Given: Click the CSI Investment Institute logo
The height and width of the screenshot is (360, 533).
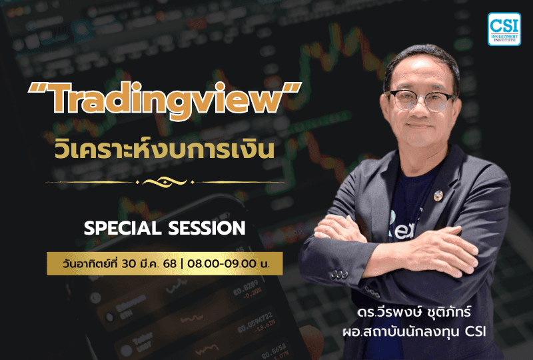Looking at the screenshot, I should tap(504, 29).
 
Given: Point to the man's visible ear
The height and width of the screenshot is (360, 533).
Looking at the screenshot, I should tap(460, 107).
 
